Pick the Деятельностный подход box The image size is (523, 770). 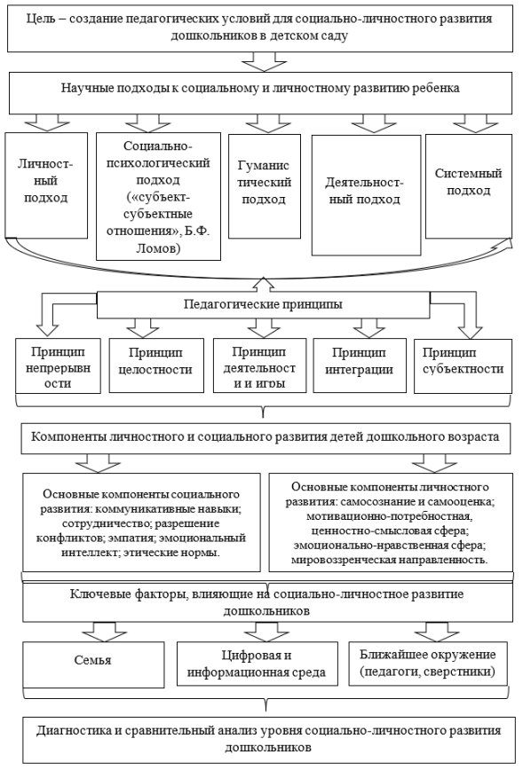point(364,192)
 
